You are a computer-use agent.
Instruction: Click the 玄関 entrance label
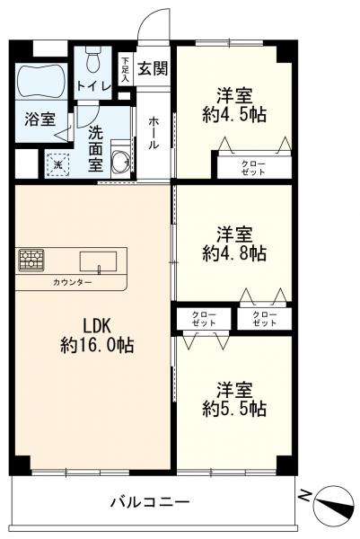tap(154, 68)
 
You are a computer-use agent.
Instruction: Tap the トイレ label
tap(92, 86)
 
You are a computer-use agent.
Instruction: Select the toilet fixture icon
tap(93, 62)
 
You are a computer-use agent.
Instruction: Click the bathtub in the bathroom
tap(41, 80)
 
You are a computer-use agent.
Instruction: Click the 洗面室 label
tap(96, 149)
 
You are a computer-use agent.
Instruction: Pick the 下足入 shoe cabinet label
tap(126, 68)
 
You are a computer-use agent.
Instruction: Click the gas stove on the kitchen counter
tap(32, 261)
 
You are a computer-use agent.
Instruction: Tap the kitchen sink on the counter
tap(97, 261)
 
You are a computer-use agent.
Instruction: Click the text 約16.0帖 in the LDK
tap(97, 345)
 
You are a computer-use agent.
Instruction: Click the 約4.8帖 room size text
tap(233, 254)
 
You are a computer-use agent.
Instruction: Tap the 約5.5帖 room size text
tap(233, 409)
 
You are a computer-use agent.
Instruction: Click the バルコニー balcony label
tap(149, 501)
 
